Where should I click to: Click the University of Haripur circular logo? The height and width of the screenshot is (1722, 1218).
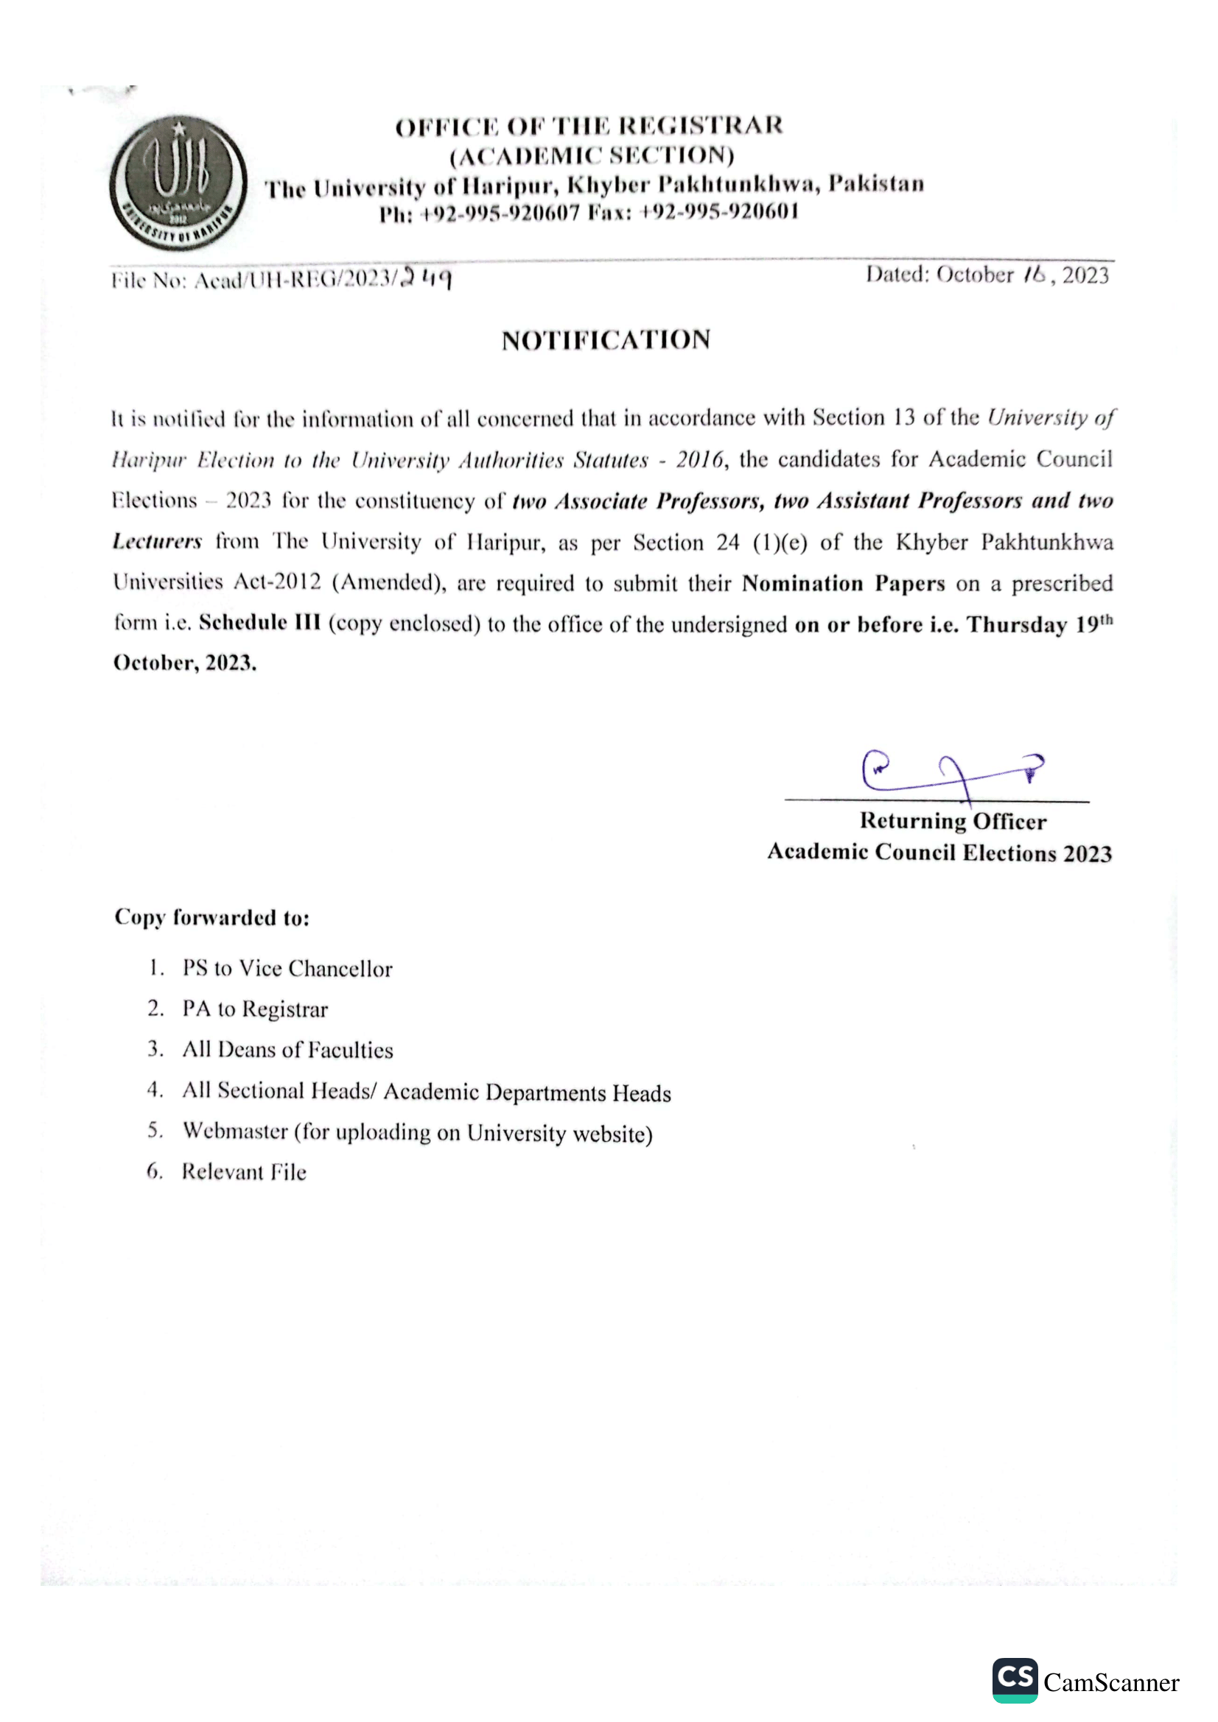(178, 183)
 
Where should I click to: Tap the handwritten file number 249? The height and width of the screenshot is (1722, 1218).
(426, 278)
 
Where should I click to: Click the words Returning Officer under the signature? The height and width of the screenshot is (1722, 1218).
(952, 822)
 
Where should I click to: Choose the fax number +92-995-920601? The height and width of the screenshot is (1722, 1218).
(718, 212)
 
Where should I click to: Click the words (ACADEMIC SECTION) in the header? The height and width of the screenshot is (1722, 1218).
(592, 155)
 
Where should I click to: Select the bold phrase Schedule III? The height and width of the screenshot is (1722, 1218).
(259, 623)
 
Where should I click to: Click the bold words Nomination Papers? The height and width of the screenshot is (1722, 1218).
(844, 584)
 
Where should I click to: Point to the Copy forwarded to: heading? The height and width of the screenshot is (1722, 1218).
(211, 917)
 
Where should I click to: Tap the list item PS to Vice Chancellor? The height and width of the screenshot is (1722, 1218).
(287, 968)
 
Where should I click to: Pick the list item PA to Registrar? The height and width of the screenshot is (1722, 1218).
(254, 1009)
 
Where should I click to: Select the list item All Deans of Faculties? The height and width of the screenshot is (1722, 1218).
(287, 1050)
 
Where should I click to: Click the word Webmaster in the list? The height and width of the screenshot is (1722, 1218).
(235, 1131)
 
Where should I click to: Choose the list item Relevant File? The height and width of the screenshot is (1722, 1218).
(244, 1172)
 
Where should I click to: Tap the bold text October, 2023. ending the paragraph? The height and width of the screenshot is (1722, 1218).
(185, 663)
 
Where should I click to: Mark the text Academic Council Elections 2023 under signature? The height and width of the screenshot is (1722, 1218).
(939, 853)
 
